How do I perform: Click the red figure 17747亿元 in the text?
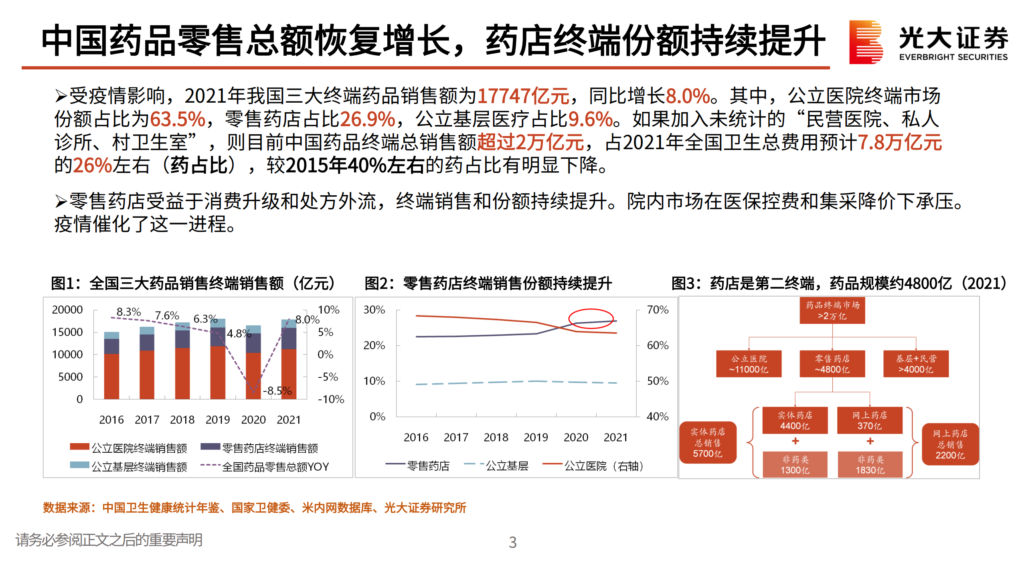523,96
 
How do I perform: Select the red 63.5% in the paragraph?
177,119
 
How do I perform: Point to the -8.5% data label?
277,391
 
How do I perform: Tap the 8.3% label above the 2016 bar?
128,312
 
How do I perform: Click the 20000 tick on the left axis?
67,310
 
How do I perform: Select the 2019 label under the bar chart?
217,420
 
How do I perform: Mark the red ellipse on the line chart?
591,319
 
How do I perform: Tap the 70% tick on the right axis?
658,310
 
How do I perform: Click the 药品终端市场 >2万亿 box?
832,311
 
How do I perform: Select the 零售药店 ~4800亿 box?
832,364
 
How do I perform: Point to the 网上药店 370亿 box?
869,420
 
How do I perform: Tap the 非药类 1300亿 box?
795,465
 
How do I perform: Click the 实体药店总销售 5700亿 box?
708,443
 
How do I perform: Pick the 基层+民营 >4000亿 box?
916,364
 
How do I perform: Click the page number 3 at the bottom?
512,542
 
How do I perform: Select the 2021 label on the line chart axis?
615,437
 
